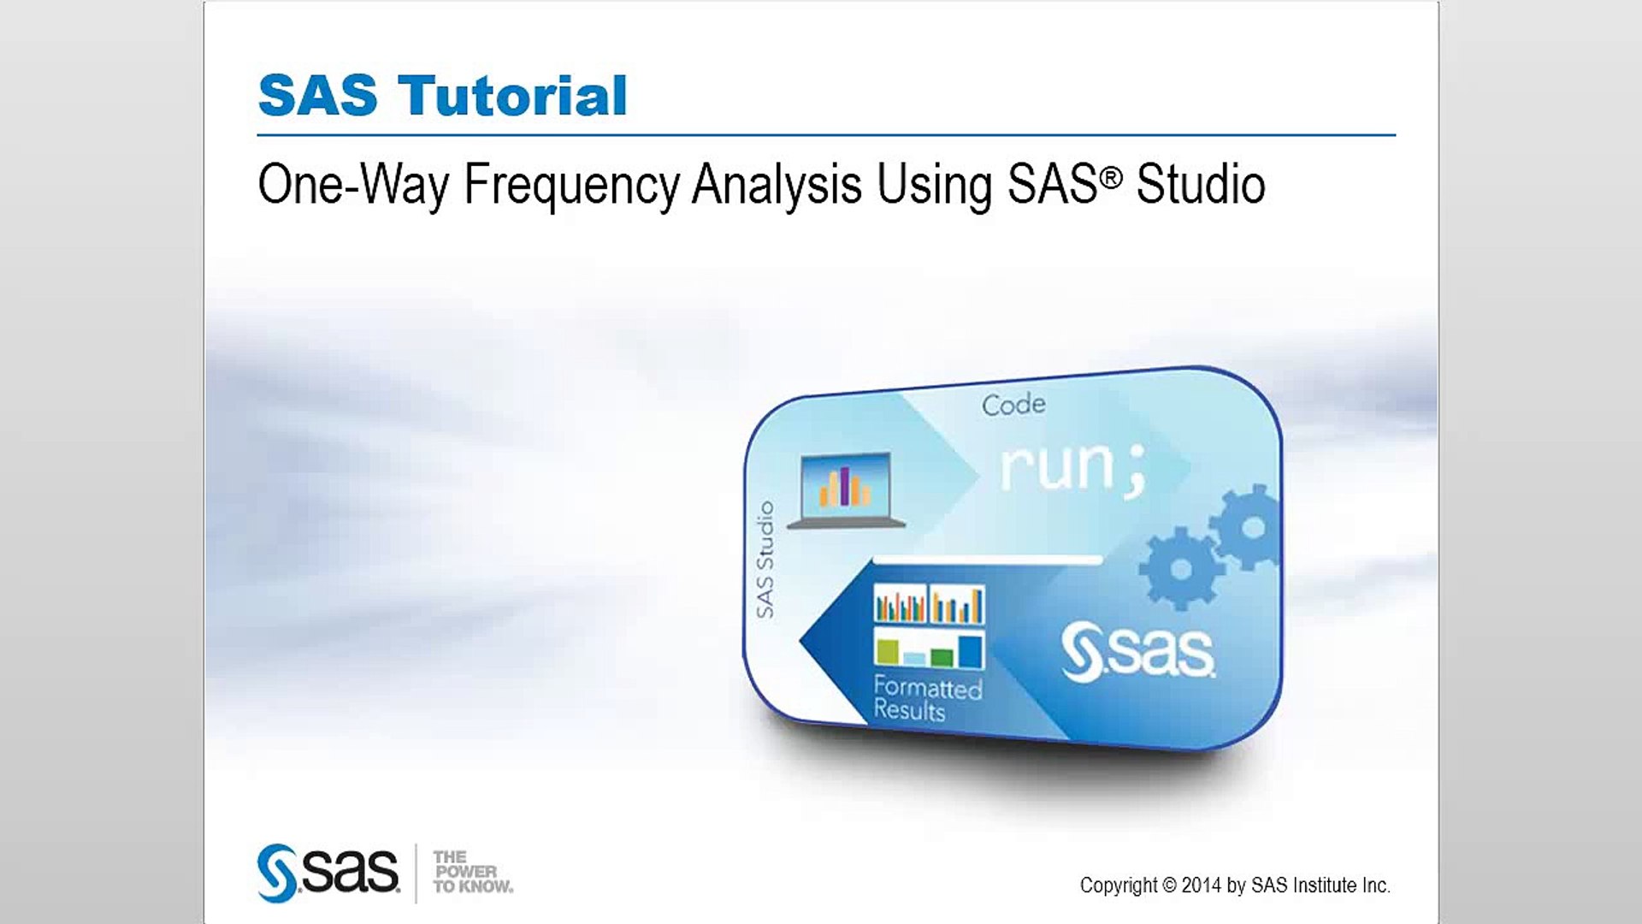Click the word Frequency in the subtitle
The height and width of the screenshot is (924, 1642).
pos(572,187)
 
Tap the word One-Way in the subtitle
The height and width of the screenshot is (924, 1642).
pos(353,187)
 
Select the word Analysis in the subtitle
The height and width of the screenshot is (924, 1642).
pos(777,187)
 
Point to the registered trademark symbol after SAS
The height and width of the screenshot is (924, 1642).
pos(1110,177)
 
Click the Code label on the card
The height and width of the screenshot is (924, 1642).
pos(1013,405)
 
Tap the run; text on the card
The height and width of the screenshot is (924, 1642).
pos(1072,468)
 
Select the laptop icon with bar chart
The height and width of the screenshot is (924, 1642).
pos(846,490)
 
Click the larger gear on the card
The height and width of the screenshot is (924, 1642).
pos(1181,569)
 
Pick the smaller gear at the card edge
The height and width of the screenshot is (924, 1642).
pos(1248,527)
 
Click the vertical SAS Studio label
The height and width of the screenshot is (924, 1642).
pos(765,560)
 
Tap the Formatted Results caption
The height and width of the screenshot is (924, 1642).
pos(928,699)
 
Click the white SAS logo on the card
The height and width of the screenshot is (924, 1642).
pos(1137,653)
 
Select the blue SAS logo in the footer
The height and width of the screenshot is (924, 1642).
pos(328,873)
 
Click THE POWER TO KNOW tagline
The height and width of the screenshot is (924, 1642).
pos(473,872)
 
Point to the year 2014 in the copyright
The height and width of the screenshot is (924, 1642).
pos(1201,885)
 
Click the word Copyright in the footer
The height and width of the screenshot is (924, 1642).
pos(1119,886)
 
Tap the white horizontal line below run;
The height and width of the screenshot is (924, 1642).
pos(988,560)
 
